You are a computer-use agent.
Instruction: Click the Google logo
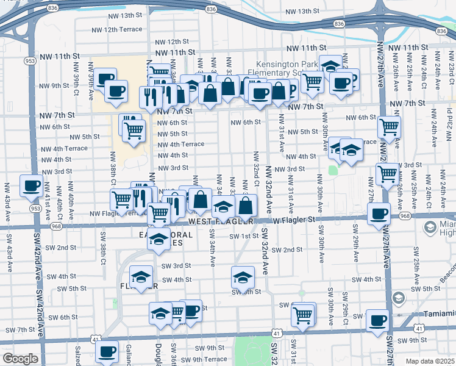coord(20,359)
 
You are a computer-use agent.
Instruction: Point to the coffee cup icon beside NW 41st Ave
coord(31,186)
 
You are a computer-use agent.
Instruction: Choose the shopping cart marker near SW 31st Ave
coord(303,315)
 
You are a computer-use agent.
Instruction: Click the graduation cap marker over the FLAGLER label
coord(141,278)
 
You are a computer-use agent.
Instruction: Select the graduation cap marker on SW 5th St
coord(242,277)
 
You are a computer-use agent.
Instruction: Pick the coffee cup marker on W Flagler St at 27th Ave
coord(379,214)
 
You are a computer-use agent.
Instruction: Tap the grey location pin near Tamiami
coord(398,298)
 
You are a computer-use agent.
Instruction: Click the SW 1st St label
coord(244,236)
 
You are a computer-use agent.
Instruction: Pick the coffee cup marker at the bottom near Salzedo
coord(107,353)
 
